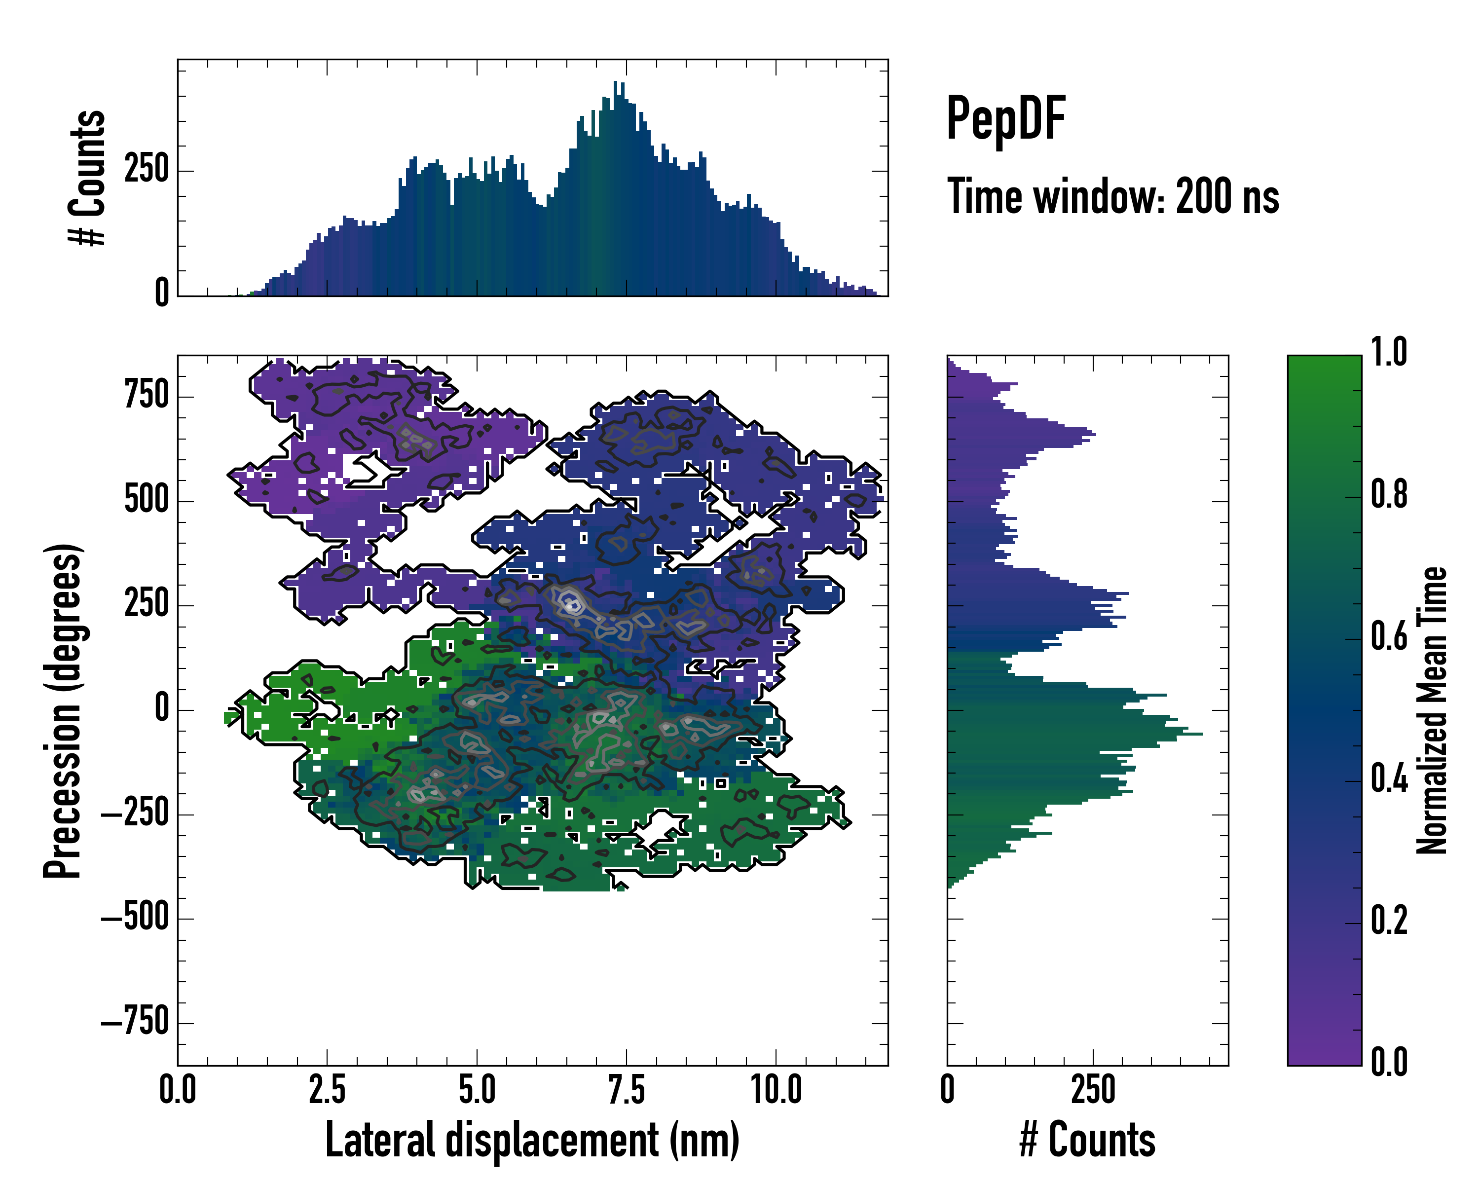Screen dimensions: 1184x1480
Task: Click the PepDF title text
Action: coord(1005,119)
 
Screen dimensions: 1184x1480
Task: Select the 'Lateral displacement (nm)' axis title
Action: coord(532,1140)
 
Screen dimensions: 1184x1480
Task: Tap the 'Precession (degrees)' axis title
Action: coord(63,710)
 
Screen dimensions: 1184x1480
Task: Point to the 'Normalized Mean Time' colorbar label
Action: coord(1431,710)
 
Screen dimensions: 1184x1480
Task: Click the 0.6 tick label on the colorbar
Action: coord(1389,637)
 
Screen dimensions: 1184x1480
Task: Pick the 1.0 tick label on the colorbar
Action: coord(1389,352)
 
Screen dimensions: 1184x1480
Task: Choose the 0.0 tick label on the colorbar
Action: coord(1389,1062)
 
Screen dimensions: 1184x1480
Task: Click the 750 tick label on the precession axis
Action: coord(146,396)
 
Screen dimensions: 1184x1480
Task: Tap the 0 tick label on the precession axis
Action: coord(162,709)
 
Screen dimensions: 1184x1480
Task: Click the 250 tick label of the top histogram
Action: coord(146,170)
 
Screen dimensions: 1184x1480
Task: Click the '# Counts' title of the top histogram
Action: coord(87,178)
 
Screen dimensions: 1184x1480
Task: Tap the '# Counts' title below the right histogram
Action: coord(1087,1140)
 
